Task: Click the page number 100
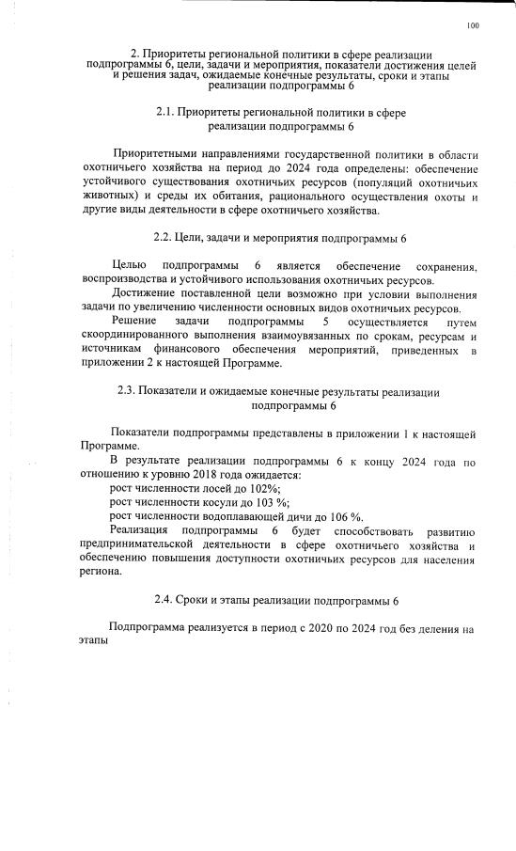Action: click(x=472, y=25)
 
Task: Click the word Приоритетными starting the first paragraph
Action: click(x=153, y=154)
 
